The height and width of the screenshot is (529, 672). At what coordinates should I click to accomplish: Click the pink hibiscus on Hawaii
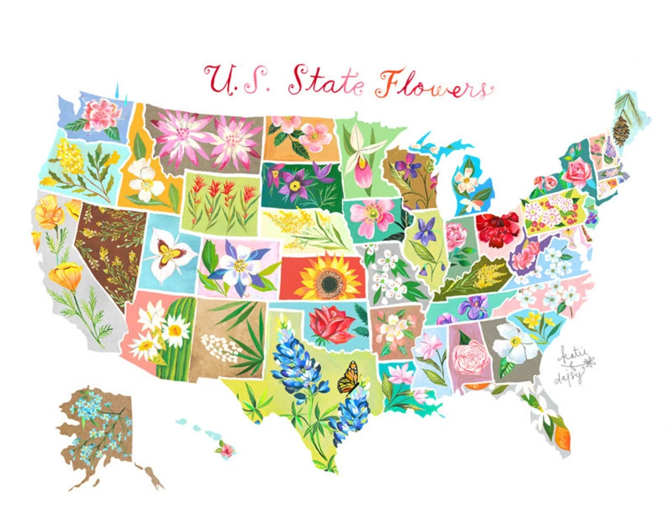pos(224,449)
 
